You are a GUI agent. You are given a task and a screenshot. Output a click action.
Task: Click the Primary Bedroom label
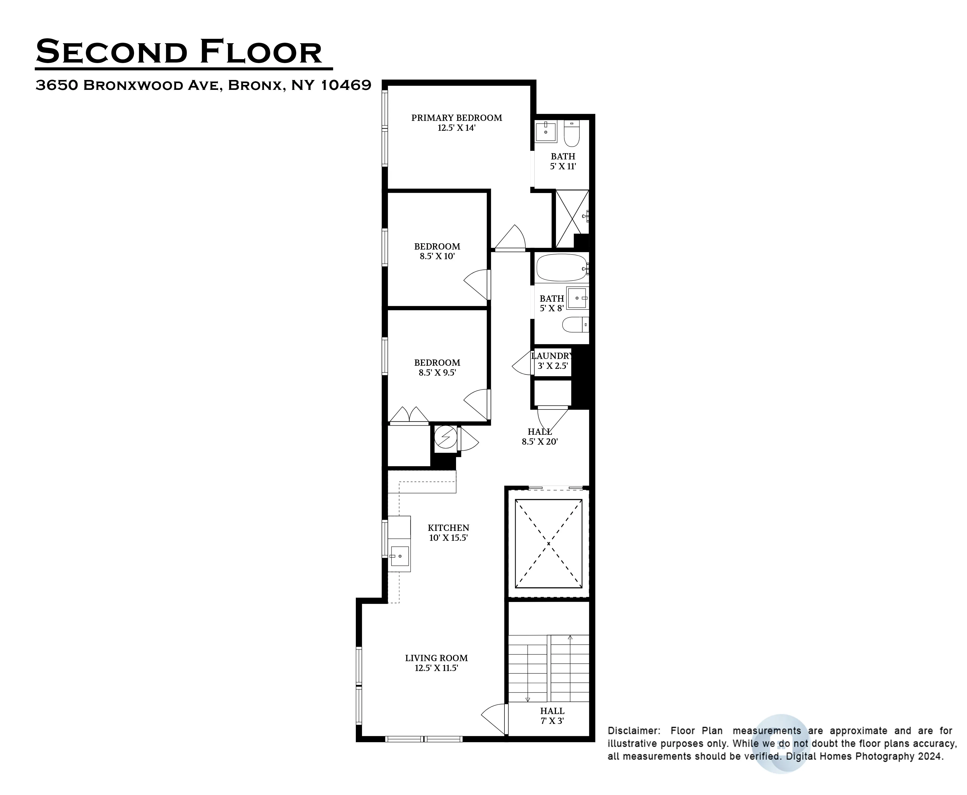(456, 118)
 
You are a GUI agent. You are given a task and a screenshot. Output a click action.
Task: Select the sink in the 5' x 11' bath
(546, 132)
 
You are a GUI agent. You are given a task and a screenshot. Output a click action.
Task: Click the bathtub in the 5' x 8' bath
(561, 268)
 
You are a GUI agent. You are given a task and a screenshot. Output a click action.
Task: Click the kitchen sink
(400, 556)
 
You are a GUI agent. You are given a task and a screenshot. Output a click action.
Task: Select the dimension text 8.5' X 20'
(540, 442)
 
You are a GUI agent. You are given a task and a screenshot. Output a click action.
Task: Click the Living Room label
(436, 658)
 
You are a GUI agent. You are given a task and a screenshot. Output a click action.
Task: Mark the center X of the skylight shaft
(548, 544)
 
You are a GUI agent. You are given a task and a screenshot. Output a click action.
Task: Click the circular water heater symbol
(445, 437)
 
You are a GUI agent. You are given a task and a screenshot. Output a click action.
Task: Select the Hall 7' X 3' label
(552, 716)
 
